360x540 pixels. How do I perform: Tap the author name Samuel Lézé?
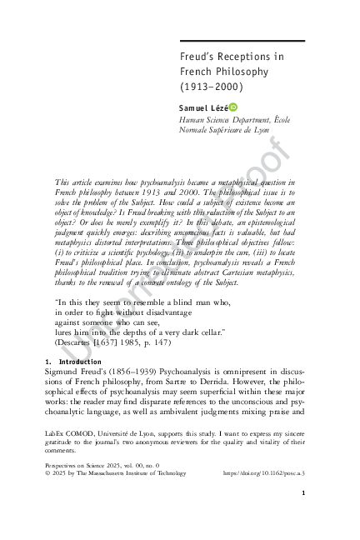coord(202,108)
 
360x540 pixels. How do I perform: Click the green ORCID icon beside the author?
coord(233,108)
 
